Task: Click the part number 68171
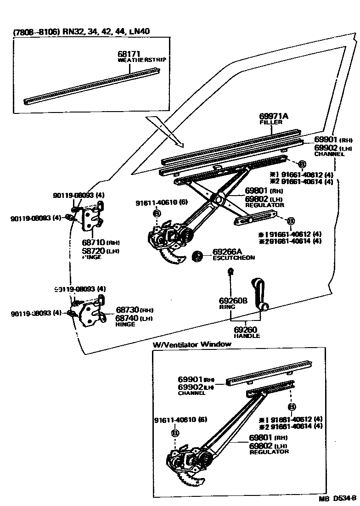tap(129, 54)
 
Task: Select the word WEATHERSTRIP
tap(142, 60)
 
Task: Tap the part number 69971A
tap(274, 116)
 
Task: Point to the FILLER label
tap(268, 123)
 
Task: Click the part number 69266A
tap(227, 252)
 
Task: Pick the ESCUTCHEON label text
tap(233, 258)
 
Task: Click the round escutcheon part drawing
tap(198, 255)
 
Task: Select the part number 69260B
tap(233, 301)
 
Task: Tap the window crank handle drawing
tap(257, 293)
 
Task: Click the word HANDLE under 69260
tap(247, 336)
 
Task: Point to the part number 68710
tap(93, 242)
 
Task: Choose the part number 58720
tap(93, 251)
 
